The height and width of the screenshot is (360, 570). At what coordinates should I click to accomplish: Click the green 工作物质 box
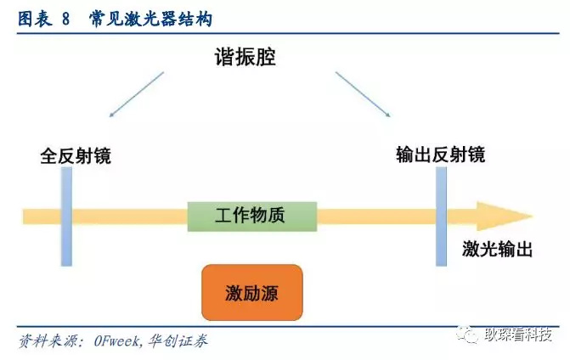(x=251, y=216)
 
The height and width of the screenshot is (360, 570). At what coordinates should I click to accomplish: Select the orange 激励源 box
(x=251, y=293)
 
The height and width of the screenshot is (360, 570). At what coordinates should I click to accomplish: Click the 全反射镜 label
(x=76, y=157)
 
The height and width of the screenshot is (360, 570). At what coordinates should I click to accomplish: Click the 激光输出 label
(x=498, y=249)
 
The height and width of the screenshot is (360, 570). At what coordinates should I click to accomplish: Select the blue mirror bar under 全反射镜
(x=67, y=216)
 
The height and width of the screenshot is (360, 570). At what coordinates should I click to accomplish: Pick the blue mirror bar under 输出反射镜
(x=441, y=216)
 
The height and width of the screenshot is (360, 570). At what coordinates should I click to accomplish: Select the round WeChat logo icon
(x=468, y=335)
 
